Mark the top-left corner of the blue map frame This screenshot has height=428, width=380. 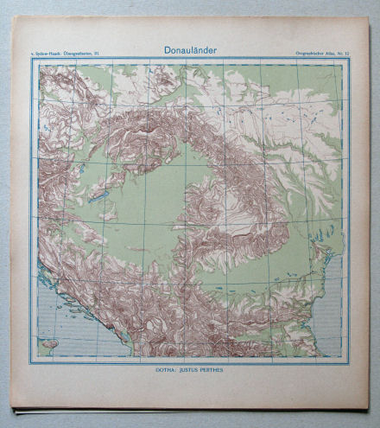tap(32, 60)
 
